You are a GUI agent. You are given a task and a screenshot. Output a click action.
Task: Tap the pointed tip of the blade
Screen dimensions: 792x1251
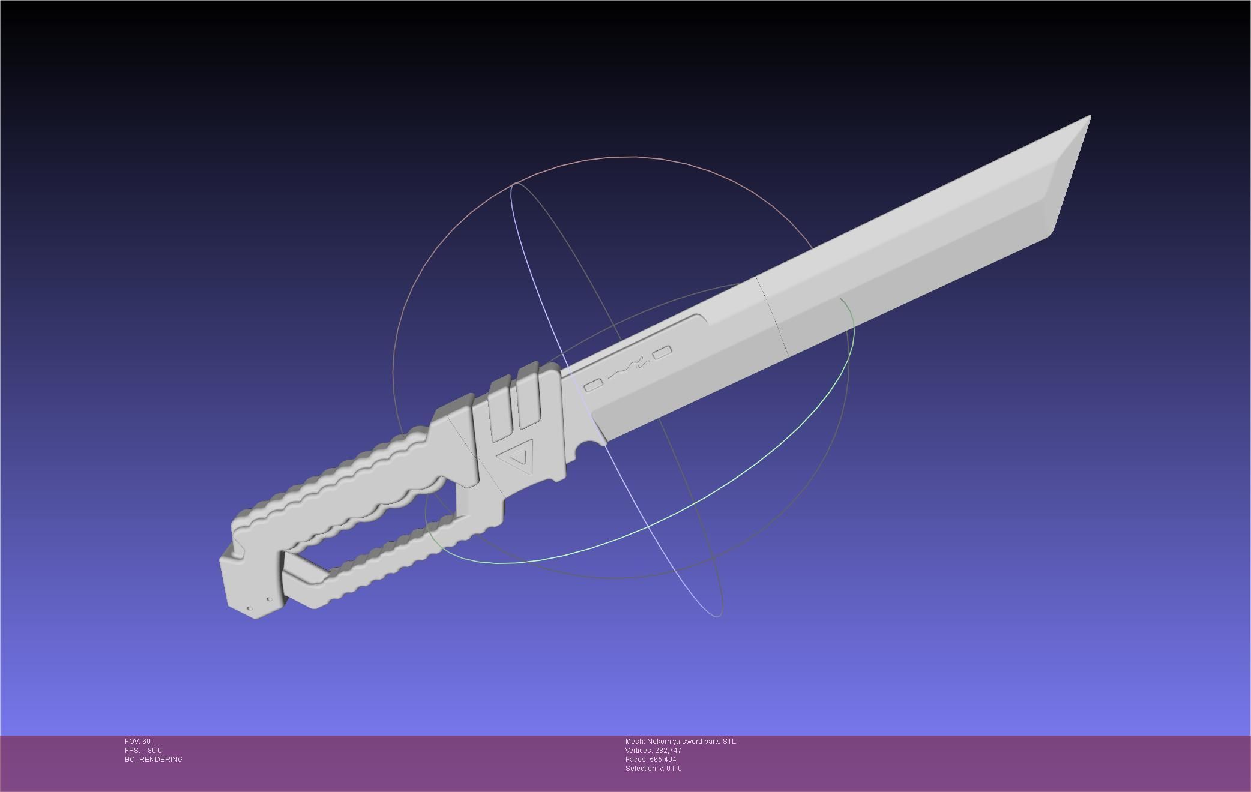tap(1089, 116)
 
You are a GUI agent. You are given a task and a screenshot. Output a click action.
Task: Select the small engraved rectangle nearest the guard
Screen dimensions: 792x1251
tap(593, 385)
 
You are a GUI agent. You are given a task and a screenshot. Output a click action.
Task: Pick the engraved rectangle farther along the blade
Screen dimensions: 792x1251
tap(662, 353)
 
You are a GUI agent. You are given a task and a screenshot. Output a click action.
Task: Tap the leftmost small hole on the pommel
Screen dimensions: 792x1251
tap(250, 608)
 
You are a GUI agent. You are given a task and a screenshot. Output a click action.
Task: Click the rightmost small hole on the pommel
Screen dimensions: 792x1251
tap(270, 599)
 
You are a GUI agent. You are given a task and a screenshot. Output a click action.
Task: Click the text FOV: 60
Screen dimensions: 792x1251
tap(137, 742)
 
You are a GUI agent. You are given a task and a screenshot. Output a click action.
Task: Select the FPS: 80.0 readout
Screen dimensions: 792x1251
tap(143, 751)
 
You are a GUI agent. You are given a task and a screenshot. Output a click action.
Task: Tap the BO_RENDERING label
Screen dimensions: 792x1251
tap(154, 760)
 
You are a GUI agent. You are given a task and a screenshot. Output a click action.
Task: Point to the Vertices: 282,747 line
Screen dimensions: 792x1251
tap(653, 751)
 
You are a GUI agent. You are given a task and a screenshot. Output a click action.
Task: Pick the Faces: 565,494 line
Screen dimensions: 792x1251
tap(651, 760)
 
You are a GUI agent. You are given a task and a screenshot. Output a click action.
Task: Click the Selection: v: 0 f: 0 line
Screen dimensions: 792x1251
tap(653, 769)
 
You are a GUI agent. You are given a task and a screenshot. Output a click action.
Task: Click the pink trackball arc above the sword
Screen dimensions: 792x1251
tap(612, 157)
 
